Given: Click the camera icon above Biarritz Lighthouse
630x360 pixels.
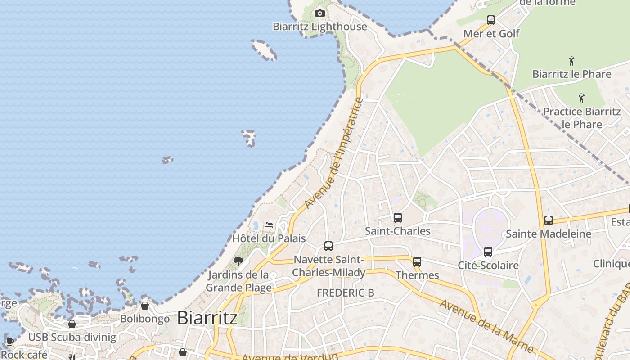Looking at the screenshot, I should point(320,13).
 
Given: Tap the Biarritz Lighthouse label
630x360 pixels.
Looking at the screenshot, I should point(320,27).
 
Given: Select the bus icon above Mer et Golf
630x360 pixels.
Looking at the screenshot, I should point(491,20).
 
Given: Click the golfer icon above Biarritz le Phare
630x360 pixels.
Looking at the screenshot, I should point(571,61).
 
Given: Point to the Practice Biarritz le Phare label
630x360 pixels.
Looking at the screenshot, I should point(582,117).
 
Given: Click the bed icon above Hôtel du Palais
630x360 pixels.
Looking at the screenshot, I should point(269,225).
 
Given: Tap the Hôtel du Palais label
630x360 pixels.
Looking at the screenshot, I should point(269,238).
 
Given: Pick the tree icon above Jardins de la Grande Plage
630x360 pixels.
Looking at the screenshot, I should point(238,261).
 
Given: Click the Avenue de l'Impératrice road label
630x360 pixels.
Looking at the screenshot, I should point(333,153).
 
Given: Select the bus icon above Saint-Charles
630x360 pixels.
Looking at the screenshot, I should point(398,218).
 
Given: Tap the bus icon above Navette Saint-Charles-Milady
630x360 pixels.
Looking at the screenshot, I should point(328,246).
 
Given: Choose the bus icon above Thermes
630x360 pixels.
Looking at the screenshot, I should point(417,262).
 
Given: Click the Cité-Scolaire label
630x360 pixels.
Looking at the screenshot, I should point(488,265).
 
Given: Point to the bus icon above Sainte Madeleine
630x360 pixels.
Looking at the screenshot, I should point(549,220).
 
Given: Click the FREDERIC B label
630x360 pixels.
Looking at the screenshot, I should point(346,293).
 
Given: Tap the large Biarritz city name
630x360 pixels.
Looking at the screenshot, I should point(207,318).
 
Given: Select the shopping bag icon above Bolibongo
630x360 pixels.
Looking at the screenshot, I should point(145,306).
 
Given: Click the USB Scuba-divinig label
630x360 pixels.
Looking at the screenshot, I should point(72,337).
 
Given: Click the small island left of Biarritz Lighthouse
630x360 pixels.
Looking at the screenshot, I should point(264,49).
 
